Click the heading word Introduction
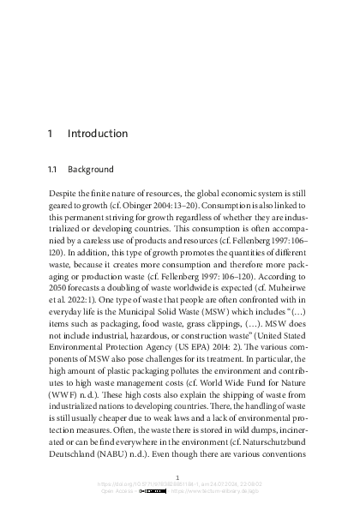coord(97,134)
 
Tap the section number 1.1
coord(53,170)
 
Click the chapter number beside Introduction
coord(51,134)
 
